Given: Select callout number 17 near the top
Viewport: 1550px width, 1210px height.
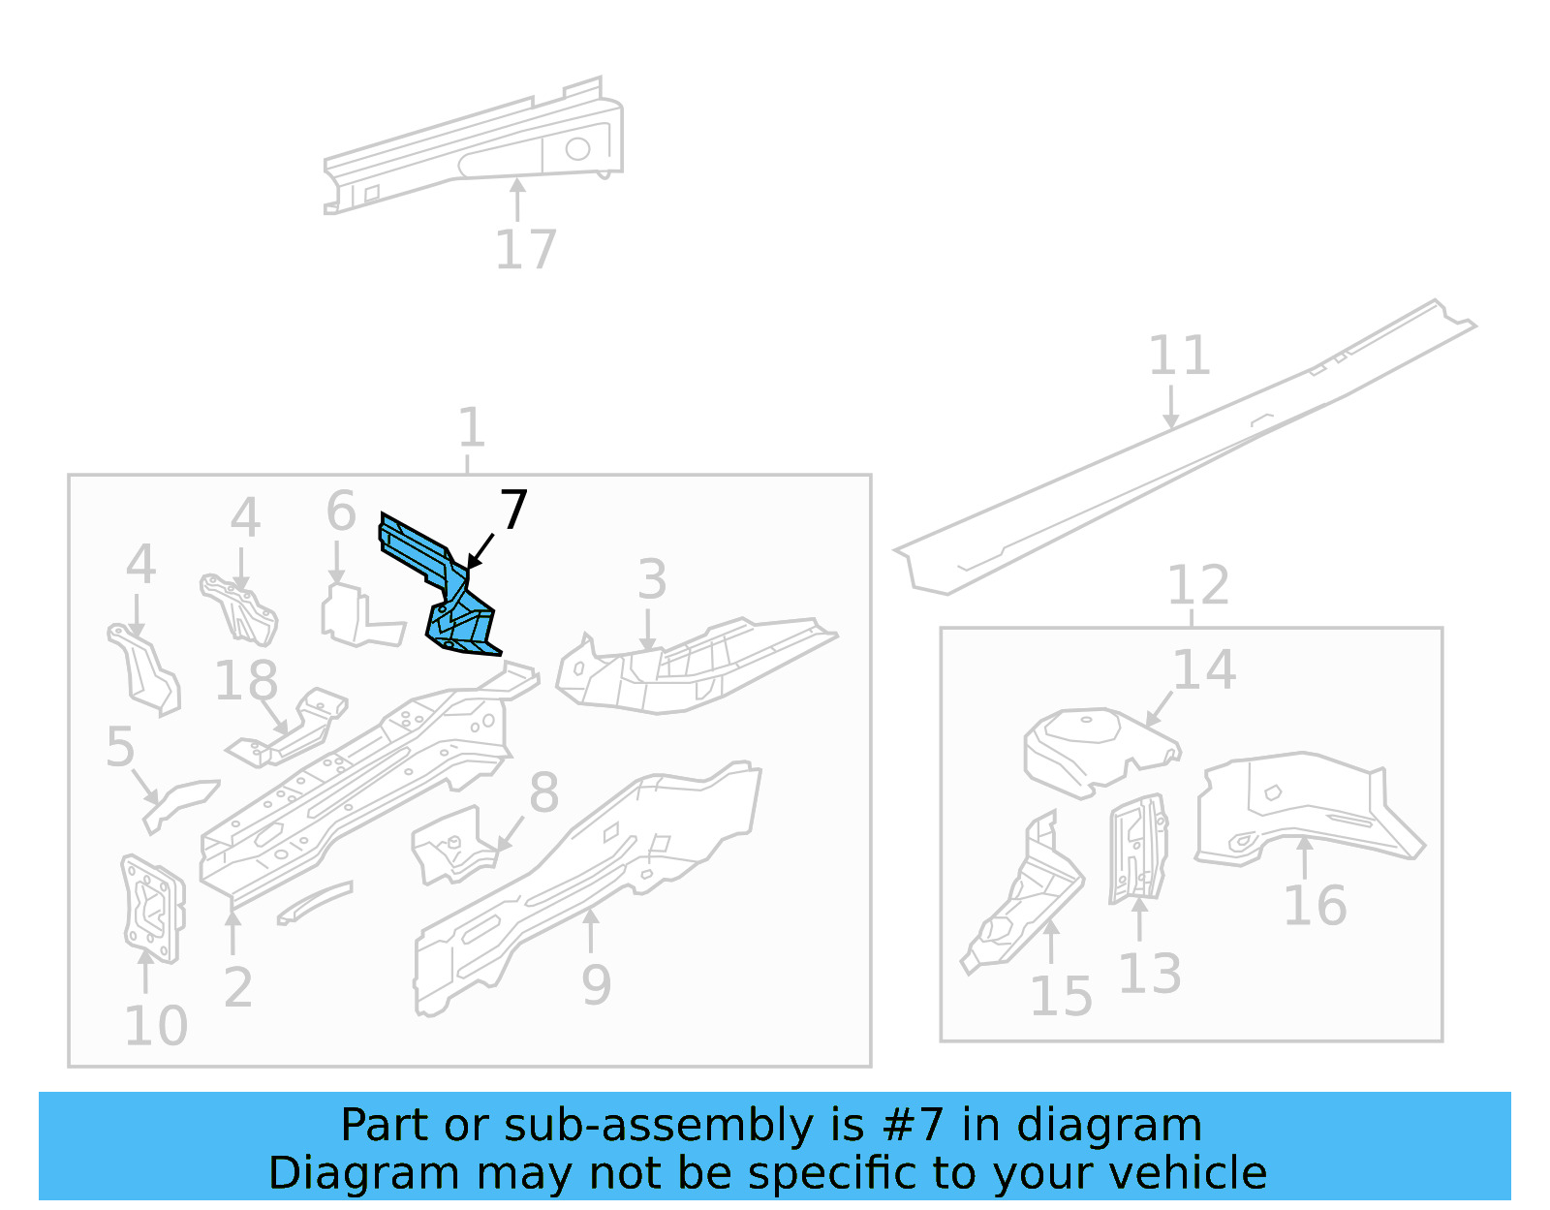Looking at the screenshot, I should pyautogui.click(x=525, y=250).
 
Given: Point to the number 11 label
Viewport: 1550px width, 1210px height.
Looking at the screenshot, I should pyautogui.click(x=1179, y=356).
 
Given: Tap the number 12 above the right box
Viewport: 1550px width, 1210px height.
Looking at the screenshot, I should pyautogui.click(x=1197, y=585).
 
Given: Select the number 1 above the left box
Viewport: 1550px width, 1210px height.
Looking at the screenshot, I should pyautogui.click(x=471, y=427).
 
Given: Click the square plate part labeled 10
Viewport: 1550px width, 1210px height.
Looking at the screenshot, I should pyautogui.click(x=152, y=908).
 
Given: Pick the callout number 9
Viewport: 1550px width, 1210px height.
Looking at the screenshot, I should pyautogui.click(x=596, y=985).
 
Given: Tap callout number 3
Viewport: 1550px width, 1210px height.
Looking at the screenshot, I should pyautogui.click(x=652, y=579).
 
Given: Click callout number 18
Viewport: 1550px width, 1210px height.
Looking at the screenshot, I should pyautogui.click(x=246, y=680).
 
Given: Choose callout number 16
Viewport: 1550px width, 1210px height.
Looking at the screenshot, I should pyautogui.click(x=1315, y=906).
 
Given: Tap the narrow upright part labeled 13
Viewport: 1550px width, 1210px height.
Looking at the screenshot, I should pyautogui.click(x=1138, y=849).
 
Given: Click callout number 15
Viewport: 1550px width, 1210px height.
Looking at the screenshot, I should pyautogui.click(x=1061, y=996).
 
